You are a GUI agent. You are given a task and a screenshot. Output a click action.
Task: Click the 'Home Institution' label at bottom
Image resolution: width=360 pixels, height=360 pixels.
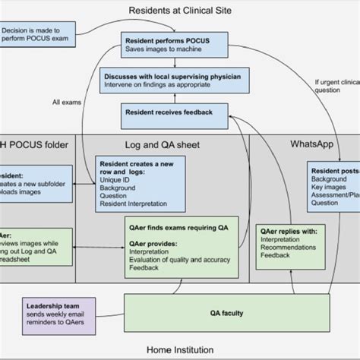click(179, 351)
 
